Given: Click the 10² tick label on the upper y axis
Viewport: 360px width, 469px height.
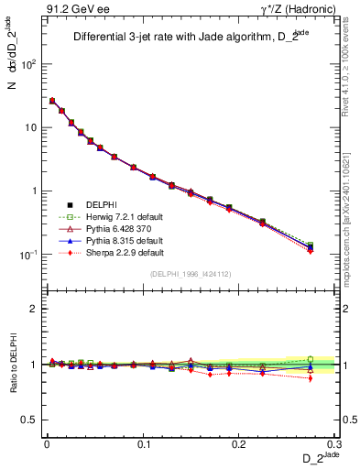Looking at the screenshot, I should click(30, 64).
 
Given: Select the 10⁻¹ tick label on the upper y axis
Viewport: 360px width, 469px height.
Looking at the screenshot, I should click(30, 255).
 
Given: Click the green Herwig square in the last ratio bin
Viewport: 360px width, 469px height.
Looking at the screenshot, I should click(311, 359).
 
